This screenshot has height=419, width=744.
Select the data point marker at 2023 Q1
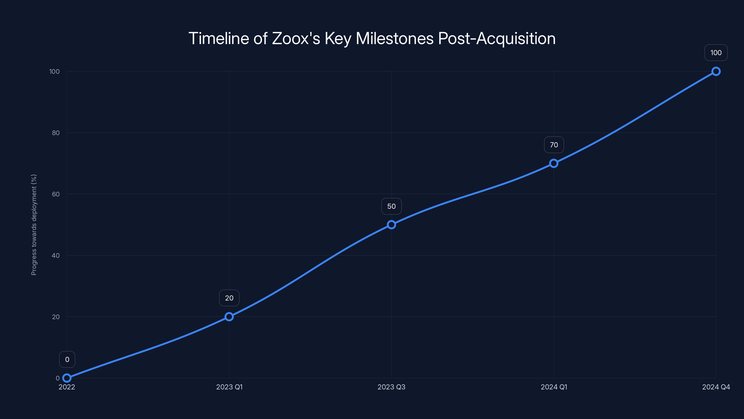click(x=229, y=317)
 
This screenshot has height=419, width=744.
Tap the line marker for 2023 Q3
click(x=391, y=225)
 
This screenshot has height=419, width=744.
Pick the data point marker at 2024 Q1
click(x=554, y=163)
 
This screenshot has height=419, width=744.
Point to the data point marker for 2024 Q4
click(x=716, y=71)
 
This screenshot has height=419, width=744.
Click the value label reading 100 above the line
click(x=716, y=53)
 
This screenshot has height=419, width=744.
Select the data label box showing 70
click(x=554, y=145)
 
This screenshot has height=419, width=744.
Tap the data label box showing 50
click(x=391, y=206)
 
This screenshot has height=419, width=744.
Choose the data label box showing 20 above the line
click(x=229, y=298)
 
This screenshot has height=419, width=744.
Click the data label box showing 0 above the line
click(x=67, y=359)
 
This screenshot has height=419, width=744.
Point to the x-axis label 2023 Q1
click(x=229, y=387)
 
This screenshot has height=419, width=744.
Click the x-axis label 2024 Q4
click(x=716, y=387)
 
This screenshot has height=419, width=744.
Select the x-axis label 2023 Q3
click(x=391, y=387)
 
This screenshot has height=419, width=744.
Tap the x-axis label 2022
click(x=67, y=387)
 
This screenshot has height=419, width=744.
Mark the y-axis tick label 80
click(x=56, y=133)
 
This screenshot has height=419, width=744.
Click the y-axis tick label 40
click(x=56, y=255)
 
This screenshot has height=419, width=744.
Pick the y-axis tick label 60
click(x=56, y=194)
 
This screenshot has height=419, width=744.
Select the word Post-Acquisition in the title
click(x=497, y=38)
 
